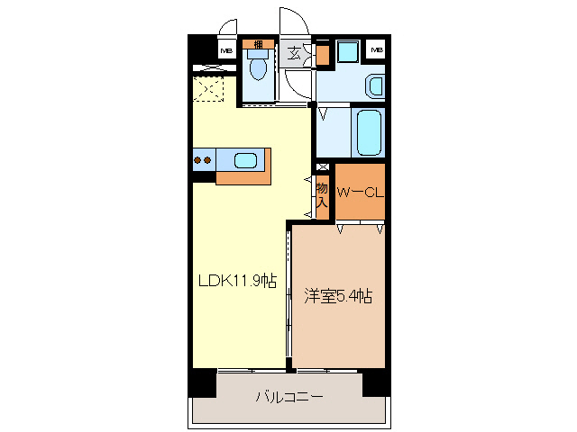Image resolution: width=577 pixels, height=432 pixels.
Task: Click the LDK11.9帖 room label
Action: pos(237,280)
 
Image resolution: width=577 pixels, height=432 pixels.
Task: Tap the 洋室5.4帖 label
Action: pos(338,294)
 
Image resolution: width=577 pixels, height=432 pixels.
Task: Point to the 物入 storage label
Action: pos(321,193)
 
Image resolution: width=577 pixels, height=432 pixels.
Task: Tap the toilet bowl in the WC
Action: pos(259,67)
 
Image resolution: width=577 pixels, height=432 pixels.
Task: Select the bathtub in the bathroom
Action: pos(369,133)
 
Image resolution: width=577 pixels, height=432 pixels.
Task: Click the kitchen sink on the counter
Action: pos(245,161)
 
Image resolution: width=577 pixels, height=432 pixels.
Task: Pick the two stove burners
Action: pos(203,161)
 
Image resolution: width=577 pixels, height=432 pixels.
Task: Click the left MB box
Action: pos(226,49)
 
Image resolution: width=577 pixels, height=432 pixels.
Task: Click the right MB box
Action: pos(377,49)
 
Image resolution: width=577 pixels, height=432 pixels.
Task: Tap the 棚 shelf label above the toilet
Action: pos(259,44)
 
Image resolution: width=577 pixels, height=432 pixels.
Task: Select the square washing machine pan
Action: pos(347,51)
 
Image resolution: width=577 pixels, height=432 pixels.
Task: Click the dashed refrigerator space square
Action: pos(209,90)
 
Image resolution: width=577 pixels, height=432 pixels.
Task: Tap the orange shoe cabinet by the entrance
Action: pos(323,54)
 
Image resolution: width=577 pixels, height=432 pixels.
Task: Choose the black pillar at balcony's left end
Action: pos(202,382)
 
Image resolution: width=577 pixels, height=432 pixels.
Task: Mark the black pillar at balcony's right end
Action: pos(376,382)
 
